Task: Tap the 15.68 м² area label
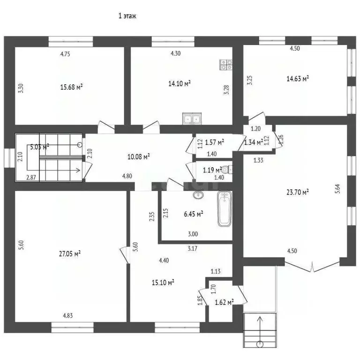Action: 72,87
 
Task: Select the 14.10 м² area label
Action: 180,83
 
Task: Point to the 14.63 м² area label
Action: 298,78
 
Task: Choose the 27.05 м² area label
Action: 69,253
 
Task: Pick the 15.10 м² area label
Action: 164,282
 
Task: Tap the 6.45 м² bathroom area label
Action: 193,214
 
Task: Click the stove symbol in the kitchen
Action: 227,65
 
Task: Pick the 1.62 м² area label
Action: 223,302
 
